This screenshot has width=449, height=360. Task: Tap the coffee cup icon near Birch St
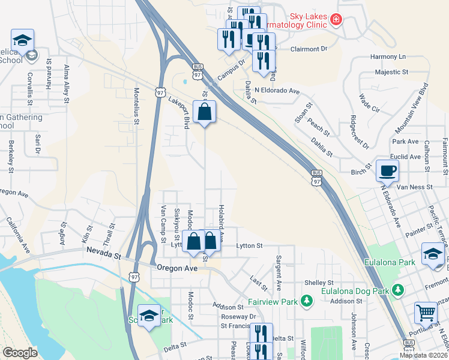pos(387,170)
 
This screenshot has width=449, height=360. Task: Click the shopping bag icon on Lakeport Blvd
pos(205,112)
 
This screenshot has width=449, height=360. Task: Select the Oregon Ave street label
pos(176,268)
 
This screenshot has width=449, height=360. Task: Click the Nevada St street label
pos(103,254)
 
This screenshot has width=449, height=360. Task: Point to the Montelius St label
pos(136,106)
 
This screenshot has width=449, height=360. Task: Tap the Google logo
pos(20,353)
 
